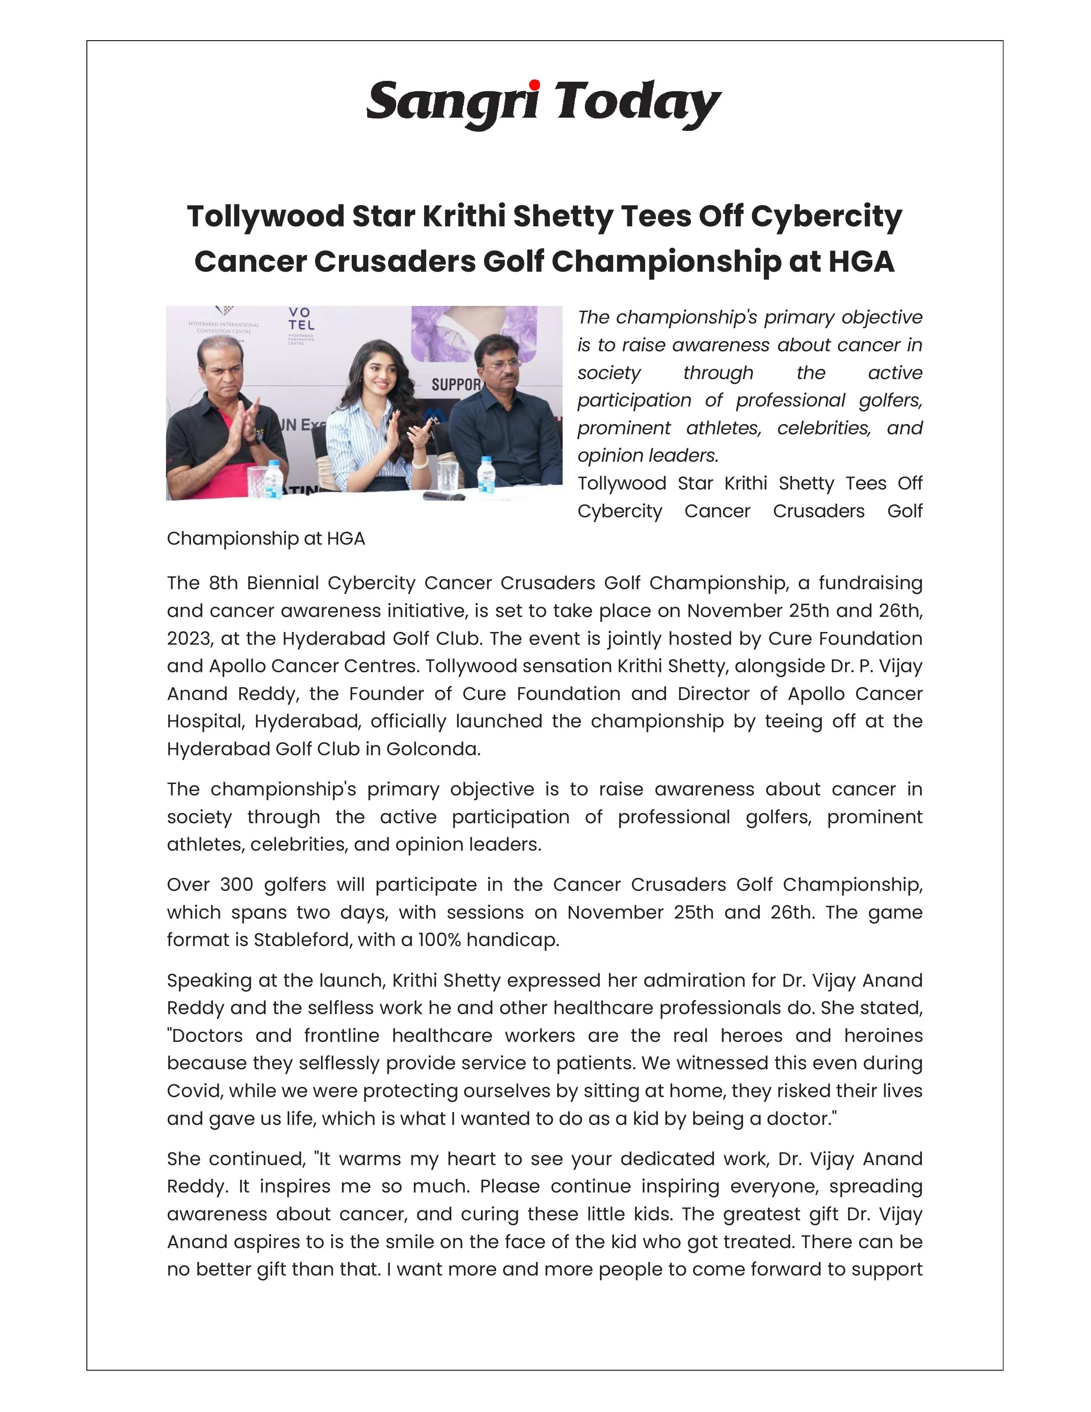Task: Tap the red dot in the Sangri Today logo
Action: pyautogui.click(x=534, y=85)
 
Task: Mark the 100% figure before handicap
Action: pyautogui.click(x=439, y=940)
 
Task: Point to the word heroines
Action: pyautogui.click(x=883, y=1036)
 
